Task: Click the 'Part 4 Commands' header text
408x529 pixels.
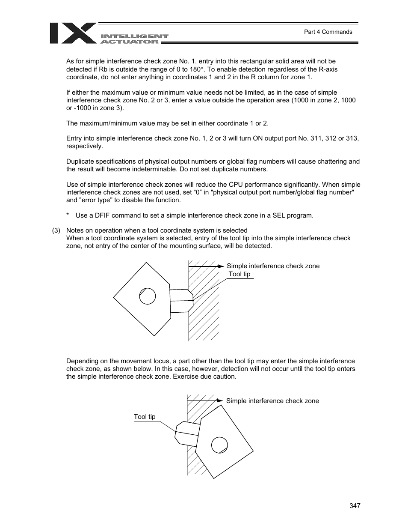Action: [x=328, y=32]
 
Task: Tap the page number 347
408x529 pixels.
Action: [x=355, y=506]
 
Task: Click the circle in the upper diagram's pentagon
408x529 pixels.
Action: [x=148, y=296]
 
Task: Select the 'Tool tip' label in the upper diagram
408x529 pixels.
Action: [x=239, y=274]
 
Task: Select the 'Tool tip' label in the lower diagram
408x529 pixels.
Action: [x=145, y=417]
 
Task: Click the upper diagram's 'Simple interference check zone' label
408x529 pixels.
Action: [x=273, y=266]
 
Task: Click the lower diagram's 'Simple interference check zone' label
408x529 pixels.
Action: [x=272, y=401]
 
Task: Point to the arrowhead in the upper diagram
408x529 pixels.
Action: [x=221, y=266]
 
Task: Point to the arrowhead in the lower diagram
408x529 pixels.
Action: [x=220, y=400]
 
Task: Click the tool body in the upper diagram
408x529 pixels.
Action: [x=181, y=301]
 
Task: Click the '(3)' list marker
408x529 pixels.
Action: [x=56, y=230]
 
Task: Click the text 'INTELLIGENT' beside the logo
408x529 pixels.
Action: [x=134, y=37]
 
